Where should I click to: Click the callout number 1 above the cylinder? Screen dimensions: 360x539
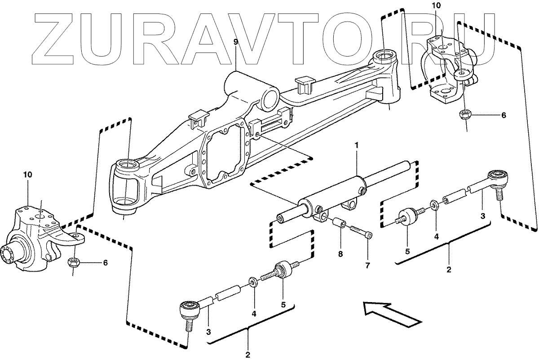pos(356,145)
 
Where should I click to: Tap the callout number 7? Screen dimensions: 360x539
pos(367,265)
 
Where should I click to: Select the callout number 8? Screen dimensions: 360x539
pos(340,254)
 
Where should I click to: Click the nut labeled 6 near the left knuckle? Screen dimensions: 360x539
pos(73,263)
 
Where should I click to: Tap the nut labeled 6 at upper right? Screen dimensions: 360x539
pos(464,114)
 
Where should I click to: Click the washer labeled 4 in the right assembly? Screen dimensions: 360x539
pos(434,205)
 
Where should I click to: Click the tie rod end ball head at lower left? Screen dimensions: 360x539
pos(189,309)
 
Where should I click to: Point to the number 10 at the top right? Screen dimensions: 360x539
pos(437,6)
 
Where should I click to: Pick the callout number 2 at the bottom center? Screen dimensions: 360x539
pos(247,355)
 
